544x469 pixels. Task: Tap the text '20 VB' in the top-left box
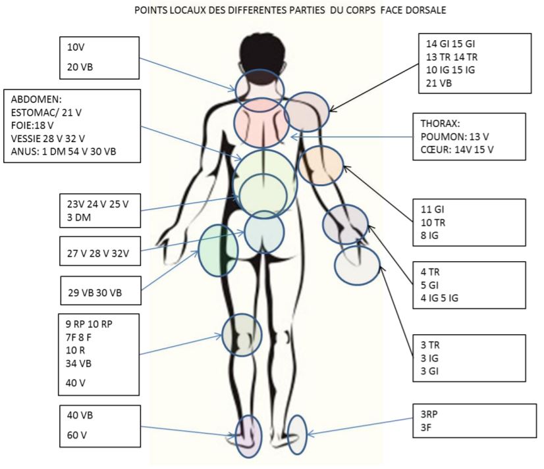tap(80, 66)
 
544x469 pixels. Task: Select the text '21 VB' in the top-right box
tap(439, 84)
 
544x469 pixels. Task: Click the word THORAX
tap(439, 123)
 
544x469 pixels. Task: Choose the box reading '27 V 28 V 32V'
tap(99, 252)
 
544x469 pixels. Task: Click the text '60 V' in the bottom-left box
tap(78, 435)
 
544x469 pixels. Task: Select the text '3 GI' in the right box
tap(429, 371)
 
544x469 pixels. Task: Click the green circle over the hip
tap(218, 249)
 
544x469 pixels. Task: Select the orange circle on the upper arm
tap(321, 164)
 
